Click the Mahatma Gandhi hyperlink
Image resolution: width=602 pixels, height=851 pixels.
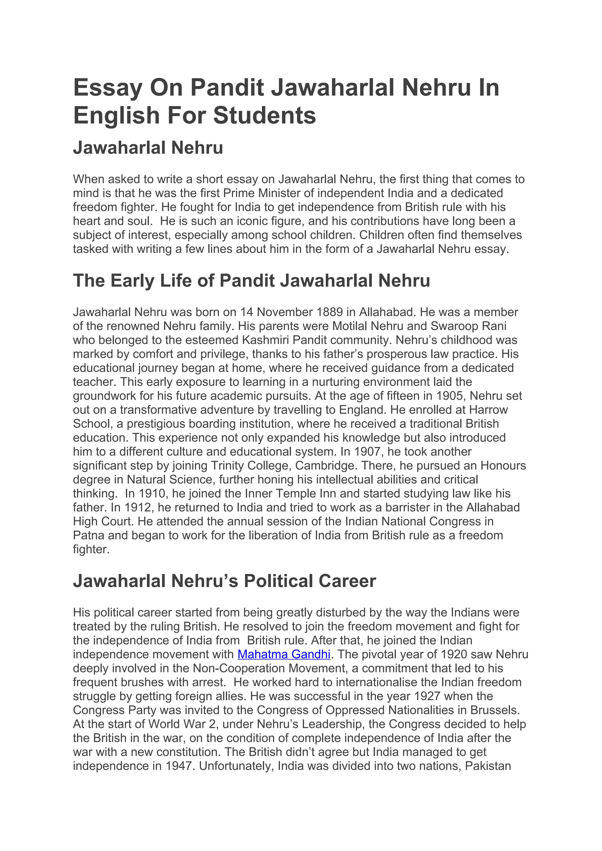point(284,654)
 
